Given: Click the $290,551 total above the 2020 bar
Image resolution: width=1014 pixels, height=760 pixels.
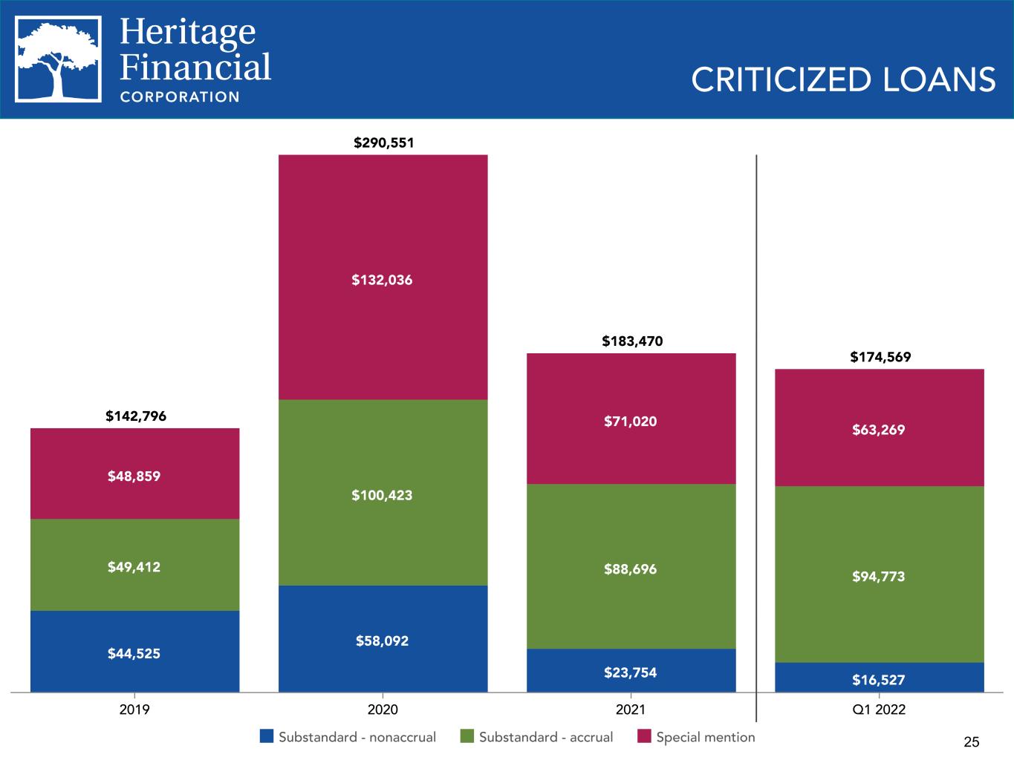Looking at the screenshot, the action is pyautogui.click(x=383, y=142).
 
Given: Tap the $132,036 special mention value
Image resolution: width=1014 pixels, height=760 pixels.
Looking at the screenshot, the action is pyautogui.click(x=382, y=280).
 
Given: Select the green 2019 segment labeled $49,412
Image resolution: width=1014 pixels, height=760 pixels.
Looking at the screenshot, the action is pyautogui.click(x=135, y=565).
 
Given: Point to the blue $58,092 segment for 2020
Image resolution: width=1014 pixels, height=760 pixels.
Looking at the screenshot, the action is pyautogui.click(x=383, y=638).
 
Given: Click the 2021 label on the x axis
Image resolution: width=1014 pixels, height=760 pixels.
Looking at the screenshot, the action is pyautogui.click(x=631, y=710).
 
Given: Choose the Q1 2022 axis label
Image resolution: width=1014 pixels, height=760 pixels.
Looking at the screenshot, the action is pyautogui.click(x=879, y=710).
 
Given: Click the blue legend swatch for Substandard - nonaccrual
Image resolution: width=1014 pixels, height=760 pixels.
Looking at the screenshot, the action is pyautogui.click(x=267, y=736).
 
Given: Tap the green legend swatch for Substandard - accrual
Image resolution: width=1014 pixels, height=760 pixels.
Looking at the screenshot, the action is pyautogui.click(x=467, y=736).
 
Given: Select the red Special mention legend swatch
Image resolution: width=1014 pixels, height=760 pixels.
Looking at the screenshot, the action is pyautogui.click(x=644, y=736).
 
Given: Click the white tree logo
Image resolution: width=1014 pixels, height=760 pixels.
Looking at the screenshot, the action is pyautogui.click(x=58, y=59).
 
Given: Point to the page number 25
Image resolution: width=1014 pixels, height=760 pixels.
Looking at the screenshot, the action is pyautogui.click(x=972, y=742).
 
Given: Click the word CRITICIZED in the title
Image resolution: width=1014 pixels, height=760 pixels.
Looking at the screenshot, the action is pyautogui.click(x=781, y=79).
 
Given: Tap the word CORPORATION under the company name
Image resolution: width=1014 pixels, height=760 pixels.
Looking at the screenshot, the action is pyautogui.click(x=180, y=97).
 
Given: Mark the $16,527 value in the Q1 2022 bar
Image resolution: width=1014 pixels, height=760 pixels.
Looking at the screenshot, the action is pyautogui.click(x=879, y=680).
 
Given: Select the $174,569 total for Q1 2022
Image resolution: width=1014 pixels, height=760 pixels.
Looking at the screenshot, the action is pyautogui.click(x=880, y=357).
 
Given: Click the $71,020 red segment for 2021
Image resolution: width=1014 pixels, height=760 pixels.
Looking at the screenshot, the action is pyautogui.click(x=631, y=419).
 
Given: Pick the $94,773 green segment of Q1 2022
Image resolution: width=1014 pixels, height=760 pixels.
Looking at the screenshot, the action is pyautogui.click(x=880, y=574).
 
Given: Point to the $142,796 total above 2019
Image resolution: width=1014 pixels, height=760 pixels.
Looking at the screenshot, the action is pyautogui.click(x=136, y=416).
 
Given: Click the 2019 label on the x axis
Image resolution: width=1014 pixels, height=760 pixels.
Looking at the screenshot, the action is pyautogui.click(x=134, y=710).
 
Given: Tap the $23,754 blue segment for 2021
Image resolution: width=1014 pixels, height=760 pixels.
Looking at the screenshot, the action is pyautogui.click(x=631, y=670).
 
